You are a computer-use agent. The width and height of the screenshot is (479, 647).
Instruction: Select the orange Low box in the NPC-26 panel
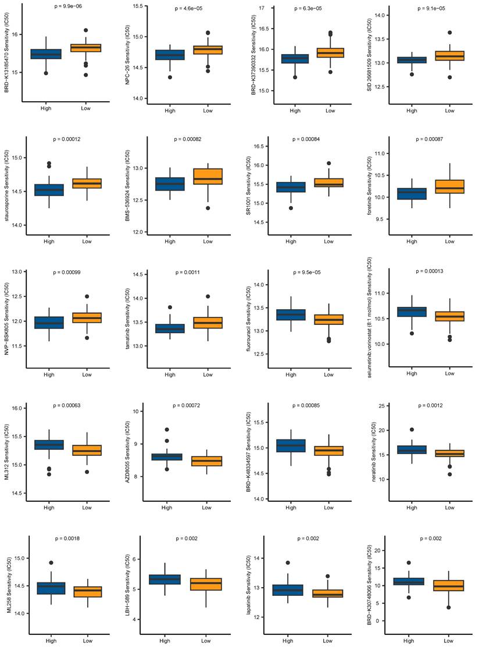(x=205, y=50)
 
